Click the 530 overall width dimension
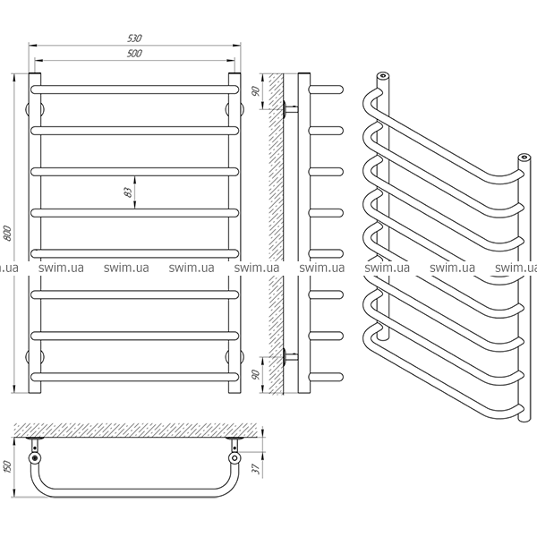pos(134,38)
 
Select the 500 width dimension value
pos(134,53)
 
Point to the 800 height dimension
pos(7,233)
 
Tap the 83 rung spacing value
pos(128,192)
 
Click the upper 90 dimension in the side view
pos(256,91)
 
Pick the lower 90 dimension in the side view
pos(256,374)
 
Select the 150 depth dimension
pos(7,467)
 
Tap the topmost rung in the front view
pos(134,89)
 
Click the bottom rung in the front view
pos(134,377)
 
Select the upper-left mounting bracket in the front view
pos(35,109)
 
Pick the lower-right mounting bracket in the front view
pos(234,356)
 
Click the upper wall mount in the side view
pos(290,109)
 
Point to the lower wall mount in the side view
pos(290,356)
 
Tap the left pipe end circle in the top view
pos(35,457)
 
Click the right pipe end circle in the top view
pos(234,457)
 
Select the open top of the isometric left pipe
pos(383,75)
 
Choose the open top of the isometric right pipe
pos(524,158)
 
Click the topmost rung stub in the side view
pos(326,89)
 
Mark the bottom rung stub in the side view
pos(326,377)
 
